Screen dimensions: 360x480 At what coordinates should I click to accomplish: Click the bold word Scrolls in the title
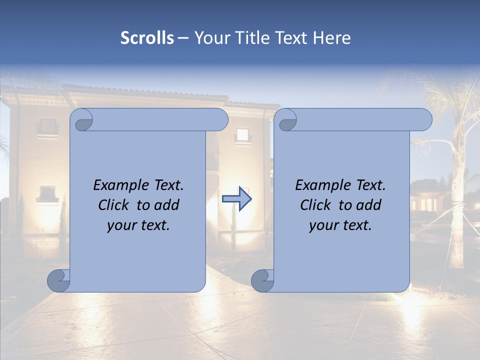coord(147,37)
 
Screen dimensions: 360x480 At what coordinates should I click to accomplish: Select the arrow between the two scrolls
coord(237,199)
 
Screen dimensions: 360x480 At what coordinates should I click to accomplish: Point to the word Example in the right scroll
coord(321,185)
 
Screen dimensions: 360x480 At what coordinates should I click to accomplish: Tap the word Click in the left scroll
coord(115,205)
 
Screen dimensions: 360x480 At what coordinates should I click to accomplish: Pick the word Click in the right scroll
coord(317,205)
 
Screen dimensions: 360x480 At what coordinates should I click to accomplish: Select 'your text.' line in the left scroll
coord(138,225)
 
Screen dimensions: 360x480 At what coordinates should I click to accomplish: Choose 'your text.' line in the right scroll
coord(340,225)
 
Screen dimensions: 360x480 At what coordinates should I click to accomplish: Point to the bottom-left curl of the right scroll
coord(262,280)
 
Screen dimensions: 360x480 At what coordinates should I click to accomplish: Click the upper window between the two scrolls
coord(242,134)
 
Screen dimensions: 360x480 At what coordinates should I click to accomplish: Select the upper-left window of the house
coord(48,125)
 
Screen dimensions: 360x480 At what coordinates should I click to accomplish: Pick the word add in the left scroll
coord(167,205)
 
